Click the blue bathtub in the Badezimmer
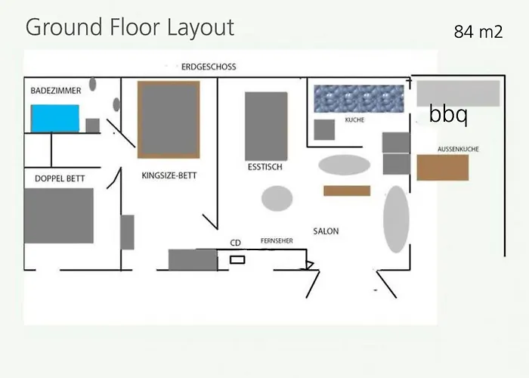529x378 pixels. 55,118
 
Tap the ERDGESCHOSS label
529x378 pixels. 209,67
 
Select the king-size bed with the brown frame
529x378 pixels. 169,119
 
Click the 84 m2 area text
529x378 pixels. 478,32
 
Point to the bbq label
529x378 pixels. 448,114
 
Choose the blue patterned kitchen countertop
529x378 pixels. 359,98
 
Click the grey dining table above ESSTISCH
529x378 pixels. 266,126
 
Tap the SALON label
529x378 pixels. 326,231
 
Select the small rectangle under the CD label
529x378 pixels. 237,260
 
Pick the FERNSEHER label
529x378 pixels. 277,240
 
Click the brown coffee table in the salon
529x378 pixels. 347,191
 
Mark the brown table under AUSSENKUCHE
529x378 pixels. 443,167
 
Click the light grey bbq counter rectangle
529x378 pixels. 458,94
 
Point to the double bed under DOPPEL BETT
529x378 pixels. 59,215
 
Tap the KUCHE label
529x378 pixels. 354,119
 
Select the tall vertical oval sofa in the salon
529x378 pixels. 396,219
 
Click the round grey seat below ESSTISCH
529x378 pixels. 277,198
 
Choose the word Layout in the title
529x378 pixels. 200,28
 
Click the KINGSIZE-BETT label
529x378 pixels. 169,175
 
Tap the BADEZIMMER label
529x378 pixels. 56,91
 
